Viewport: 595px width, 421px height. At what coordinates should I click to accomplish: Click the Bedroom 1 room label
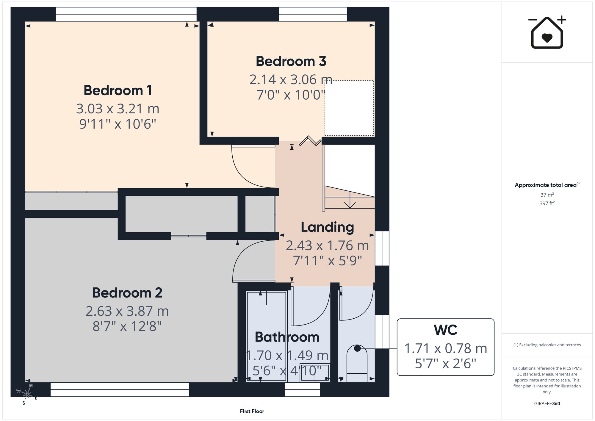(x=118, y=90)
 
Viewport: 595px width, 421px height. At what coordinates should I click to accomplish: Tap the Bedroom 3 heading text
(x=291, y=61)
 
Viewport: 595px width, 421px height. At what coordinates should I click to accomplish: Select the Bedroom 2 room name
(x=127, y=293)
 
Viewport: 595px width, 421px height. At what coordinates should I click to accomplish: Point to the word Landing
(x=327, y=228)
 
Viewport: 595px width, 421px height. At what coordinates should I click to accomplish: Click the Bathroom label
(x=287, y=337)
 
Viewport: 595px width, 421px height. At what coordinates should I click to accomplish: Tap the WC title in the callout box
(x=445, y=330)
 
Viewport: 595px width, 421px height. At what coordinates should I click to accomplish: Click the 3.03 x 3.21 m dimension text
(x=118, y=109)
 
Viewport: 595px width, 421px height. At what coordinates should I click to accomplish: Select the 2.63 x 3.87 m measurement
(x=127, y=311)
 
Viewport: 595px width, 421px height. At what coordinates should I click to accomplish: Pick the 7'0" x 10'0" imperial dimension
(x=291, y=95)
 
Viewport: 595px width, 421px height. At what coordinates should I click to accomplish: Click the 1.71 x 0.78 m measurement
(x=445, y=348)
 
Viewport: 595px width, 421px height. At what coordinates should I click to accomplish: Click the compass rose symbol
(x=27, y=394)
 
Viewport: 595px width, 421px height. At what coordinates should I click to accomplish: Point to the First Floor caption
(x=252, y=411)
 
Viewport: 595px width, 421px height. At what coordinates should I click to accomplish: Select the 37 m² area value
(x=547, y=195)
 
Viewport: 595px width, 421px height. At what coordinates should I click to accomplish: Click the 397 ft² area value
(x=547, y=203)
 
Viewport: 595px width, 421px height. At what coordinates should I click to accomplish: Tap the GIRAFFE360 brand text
(x=547, y=404)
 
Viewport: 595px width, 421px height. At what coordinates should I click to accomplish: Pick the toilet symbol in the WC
(x=357, y=363)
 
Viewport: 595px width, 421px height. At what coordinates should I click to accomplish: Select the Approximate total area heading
(x=547, y=185)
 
